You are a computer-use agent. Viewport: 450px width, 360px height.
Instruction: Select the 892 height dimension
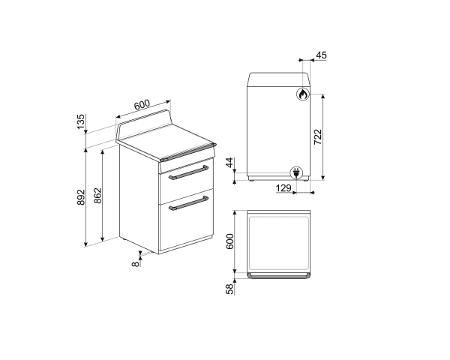82,197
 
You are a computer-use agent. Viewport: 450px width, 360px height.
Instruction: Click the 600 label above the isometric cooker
143,104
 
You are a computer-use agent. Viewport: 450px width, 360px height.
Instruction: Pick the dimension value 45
321,55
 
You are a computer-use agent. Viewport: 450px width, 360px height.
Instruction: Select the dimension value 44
230,163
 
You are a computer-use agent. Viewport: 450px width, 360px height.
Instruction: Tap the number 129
283,188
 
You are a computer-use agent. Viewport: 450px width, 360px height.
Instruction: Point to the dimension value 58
230,289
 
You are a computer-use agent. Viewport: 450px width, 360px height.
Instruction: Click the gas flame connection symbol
301,95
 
